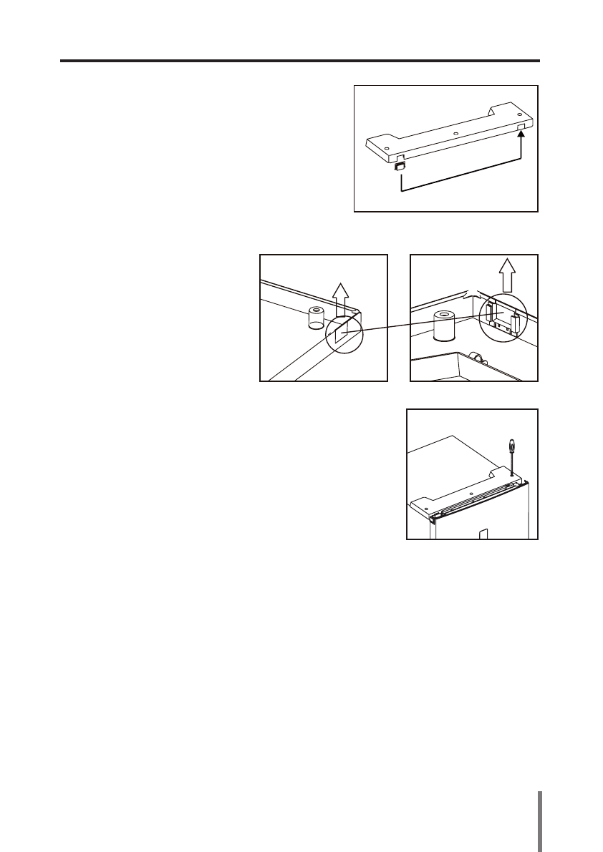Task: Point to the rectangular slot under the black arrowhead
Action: click(521, 127)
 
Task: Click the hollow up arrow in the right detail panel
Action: click(507, 273)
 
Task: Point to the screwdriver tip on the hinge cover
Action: click(511, 473)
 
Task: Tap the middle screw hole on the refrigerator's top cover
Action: click(469, 493)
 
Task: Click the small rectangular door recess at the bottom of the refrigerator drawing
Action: click(483, 533)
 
